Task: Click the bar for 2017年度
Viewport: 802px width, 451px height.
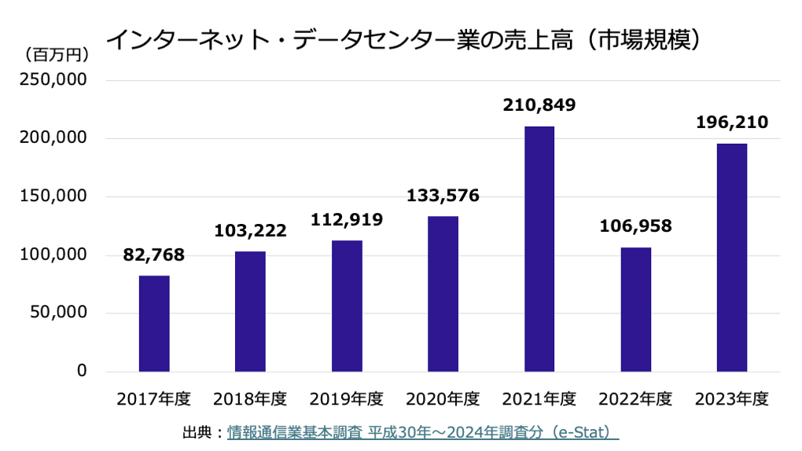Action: coord(154,324)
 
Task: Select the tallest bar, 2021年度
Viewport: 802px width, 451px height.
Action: coord(539,249)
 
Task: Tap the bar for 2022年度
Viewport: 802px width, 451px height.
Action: coord(635,310)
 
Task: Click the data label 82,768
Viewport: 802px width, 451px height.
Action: coord(154,255)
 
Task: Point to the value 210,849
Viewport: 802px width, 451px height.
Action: coord(539,104)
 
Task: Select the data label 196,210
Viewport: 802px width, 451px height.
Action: coord(732,123)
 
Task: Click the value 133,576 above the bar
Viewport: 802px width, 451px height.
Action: coord(443,196)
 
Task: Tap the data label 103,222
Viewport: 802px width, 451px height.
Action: coord(250,231)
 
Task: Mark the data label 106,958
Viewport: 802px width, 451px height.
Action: coord(635,227)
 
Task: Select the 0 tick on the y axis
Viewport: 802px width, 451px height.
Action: coord(81,372)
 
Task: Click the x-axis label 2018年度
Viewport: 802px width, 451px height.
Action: coord(250,399)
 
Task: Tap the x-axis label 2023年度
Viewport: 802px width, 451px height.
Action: coord(732,399)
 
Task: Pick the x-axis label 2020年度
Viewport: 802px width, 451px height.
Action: coord(443,399)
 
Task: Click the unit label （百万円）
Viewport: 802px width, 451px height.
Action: coord(56,55)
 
